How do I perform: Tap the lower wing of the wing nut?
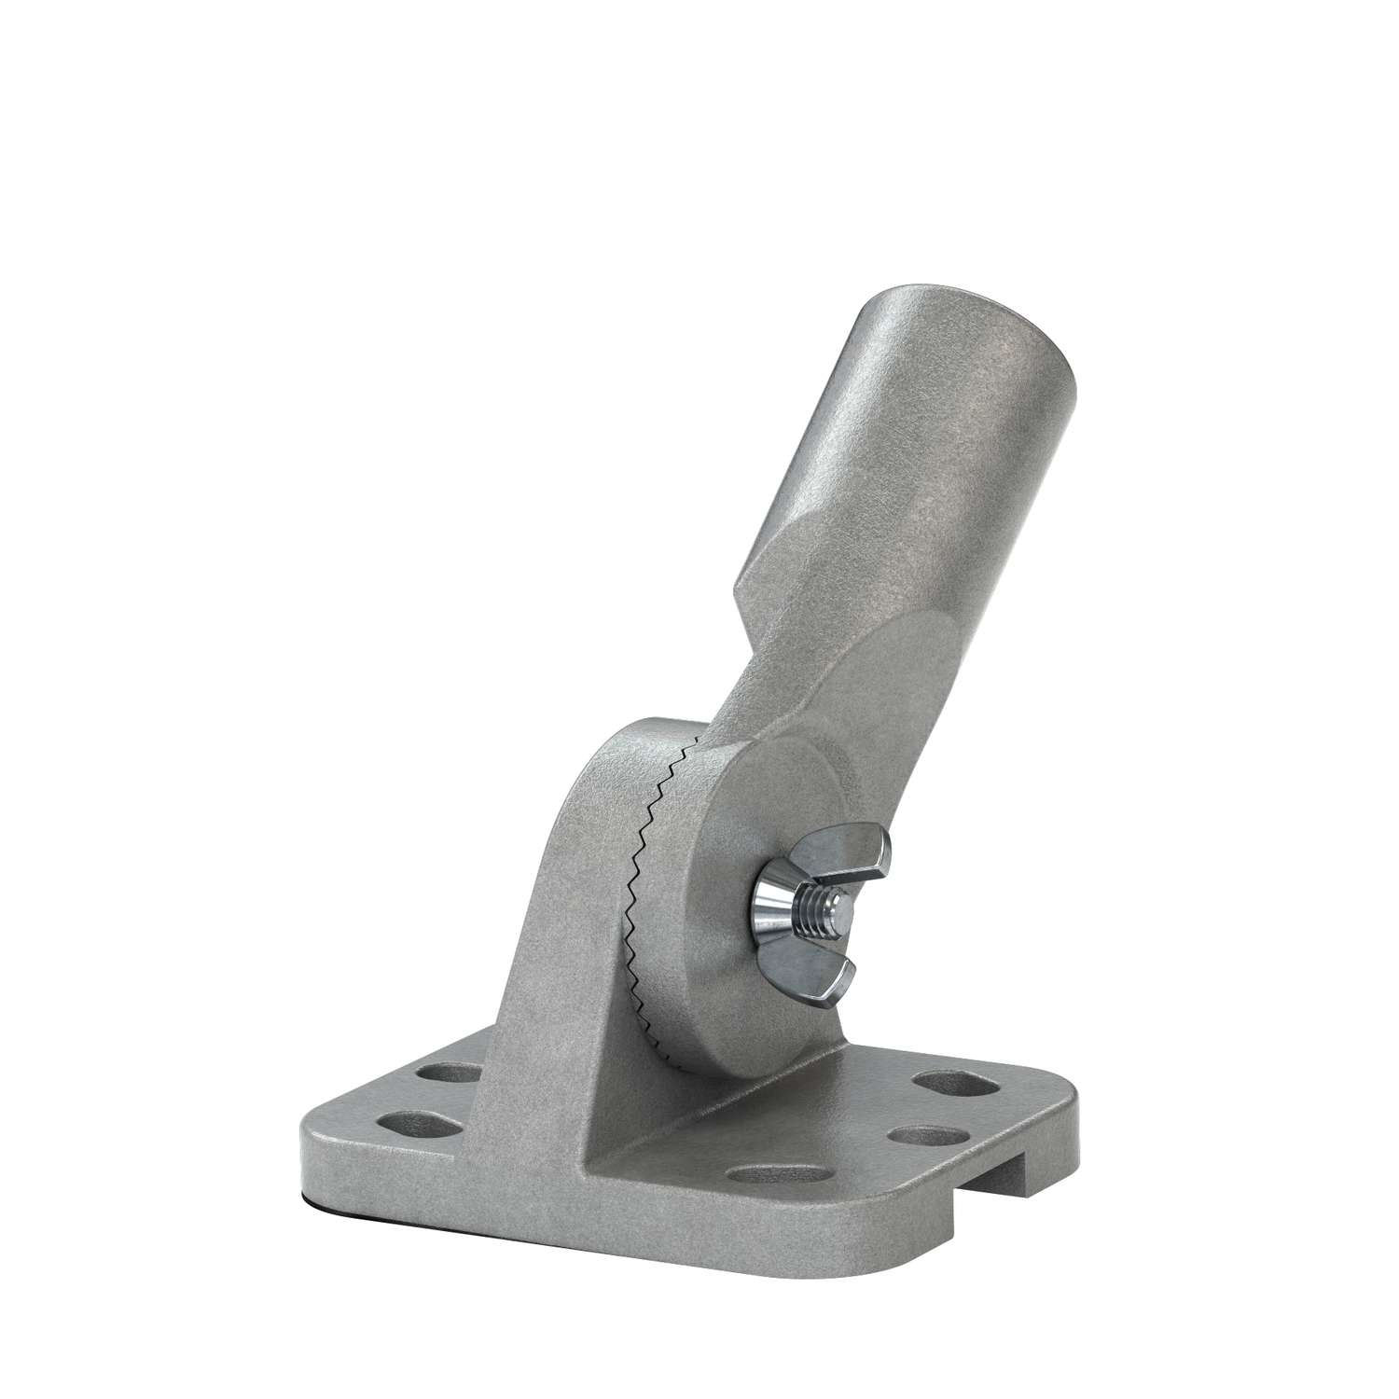pyautogui.click(x=833, y=971)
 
